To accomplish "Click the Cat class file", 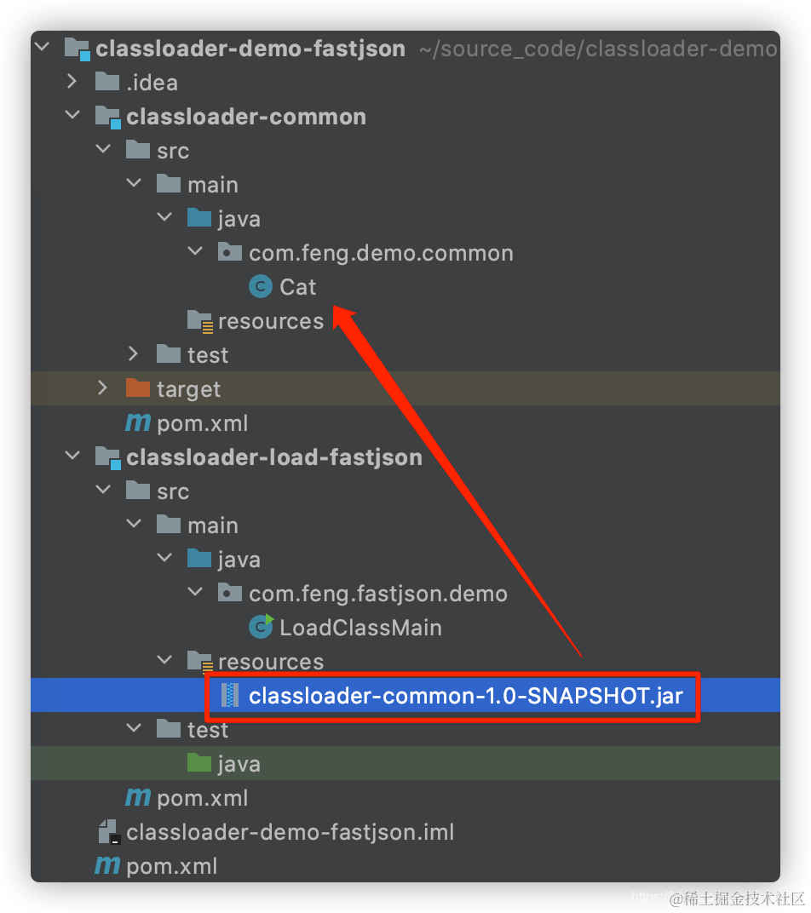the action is (297, 287).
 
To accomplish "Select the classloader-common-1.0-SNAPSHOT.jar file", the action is (465, 696).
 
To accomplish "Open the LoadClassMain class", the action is (360, 628).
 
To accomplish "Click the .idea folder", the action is (152, 83).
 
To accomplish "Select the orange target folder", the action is (188, 389).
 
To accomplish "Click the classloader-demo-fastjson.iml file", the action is (290, 832).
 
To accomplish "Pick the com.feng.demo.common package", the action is (381, 253).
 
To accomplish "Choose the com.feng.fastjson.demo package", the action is (377, 594).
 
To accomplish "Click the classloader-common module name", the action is (246, 117).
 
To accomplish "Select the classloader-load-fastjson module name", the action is (274, 457).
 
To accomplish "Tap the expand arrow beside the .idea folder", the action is (72, 83).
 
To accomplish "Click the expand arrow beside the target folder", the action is (103, 389).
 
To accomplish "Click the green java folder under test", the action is (238, 764).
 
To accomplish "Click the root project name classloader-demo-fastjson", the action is (250, 49).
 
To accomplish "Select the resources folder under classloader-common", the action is (270, 321).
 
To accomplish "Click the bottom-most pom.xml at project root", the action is (171, 866).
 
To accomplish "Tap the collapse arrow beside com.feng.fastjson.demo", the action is (196, 594).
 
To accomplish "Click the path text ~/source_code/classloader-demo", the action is (597, 49).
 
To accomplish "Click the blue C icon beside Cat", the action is (260, 287).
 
